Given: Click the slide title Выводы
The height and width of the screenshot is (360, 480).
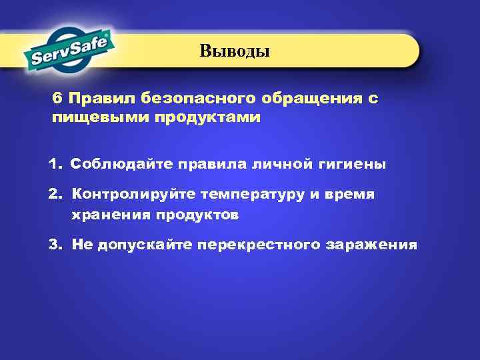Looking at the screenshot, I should (235, 51).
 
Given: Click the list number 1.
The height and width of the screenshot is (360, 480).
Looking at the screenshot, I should (55, 164).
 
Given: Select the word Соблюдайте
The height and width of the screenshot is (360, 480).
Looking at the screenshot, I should (117, 164).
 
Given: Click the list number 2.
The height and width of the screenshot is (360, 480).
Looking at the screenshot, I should (55, 194).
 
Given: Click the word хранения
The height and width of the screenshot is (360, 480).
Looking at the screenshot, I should (111, 215).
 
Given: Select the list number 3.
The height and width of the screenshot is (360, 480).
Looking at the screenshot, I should (55, 245).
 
